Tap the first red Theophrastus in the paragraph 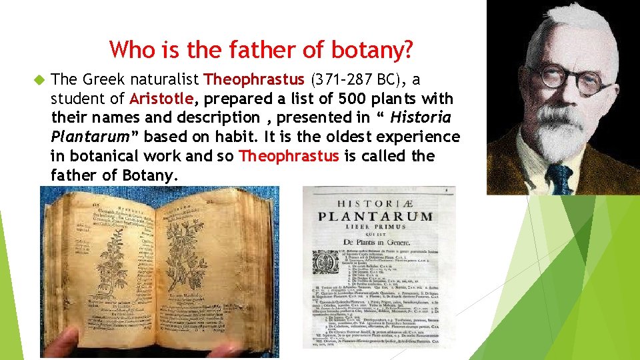(254, 80)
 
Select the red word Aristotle (161, 99)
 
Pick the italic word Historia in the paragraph (421, 118)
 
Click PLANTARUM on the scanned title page (375, 217)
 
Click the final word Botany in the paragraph (150, 175)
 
